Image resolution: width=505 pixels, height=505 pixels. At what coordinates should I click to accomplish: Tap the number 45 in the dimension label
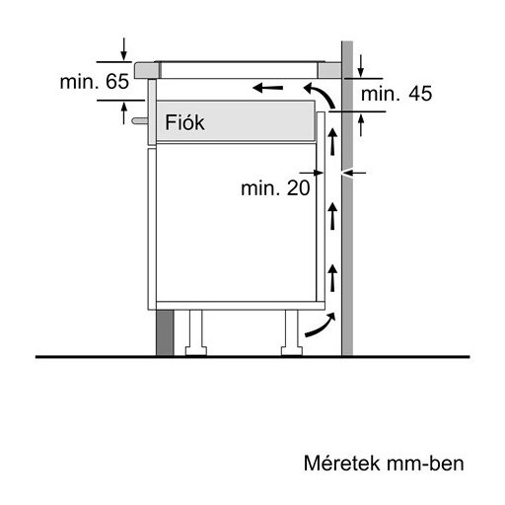coord(419,94)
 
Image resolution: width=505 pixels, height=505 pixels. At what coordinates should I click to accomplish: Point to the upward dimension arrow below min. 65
coord(123,114)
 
